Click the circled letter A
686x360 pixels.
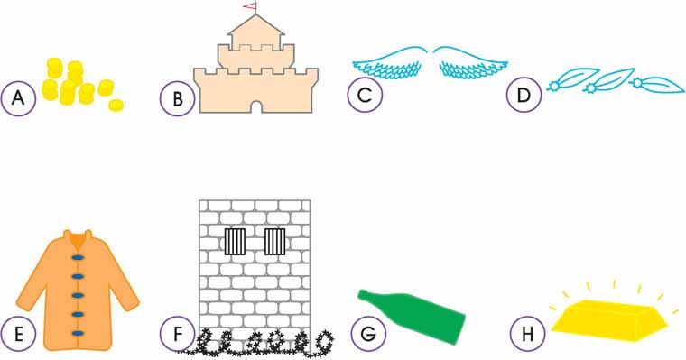tap(18, 98)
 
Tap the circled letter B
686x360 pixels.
tap(177, 99)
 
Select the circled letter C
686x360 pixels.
tap(365, 95)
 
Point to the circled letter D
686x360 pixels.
tap(524, 95)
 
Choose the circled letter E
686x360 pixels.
tap(18, 334)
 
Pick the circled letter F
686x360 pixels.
tap(177, 334)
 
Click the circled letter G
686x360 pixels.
tap(368, 334)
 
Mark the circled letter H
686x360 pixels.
tap(528, 334)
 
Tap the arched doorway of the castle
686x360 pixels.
tap(256, 106)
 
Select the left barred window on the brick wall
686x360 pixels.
tap(235, 242)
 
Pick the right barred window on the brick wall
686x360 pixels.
tap(274, 242)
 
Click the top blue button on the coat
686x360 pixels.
tap(78, 257)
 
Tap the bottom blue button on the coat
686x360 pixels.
tap(78, 333)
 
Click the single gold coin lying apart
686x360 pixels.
tap(116, 105)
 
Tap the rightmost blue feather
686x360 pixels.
tap(657, 85)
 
